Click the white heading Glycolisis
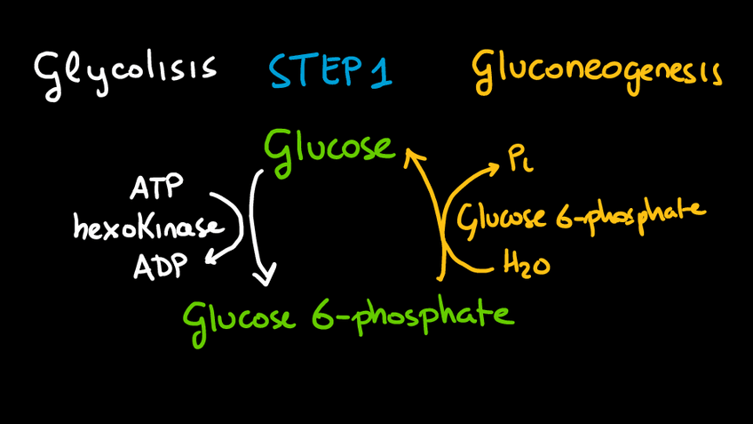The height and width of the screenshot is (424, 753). (124, 69)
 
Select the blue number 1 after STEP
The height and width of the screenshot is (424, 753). (379, 71)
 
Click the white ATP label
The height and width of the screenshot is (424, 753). (156, 189)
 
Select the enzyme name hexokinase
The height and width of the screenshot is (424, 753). (148, 228)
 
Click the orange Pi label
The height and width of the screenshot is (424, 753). (519, 160)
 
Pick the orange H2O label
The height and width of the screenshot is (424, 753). (526, 263)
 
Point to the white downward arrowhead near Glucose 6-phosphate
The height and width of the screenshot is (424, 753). (264, 277)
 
